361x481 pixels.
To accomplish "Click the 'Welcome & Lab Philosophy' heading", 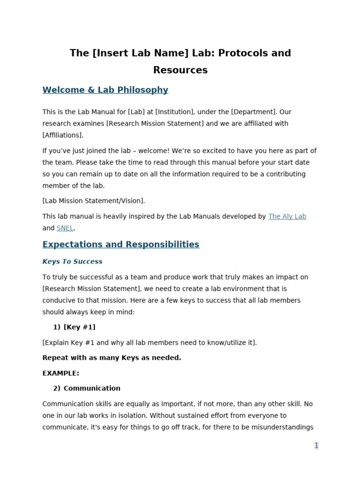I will point(105,90).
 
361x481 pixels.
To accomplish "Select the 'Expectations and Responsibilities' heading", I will point(121,244).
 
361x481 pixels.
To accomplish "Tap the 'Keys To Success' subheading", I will point(72,262).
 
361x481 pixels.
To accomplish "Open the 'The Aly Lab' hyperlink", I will point(287,217).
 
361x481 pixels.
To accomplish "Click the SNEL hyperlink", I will point(65,228).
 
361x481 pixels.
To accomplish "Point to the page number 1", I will point(316,446).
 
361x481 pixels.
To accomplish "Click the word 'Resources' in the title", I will point(180,70).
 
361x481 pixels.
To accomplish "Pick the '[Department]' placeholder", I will point(253,112).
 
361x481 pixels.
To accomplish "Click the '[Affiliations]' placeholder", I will point(63,135).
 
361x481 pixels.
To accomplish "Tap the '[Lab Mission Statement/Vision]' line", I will point(94,201).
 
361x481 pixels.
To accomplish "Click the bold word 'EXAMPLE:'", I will point(61,373).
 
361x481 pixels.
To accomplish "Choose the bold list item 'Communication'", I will point(92,388).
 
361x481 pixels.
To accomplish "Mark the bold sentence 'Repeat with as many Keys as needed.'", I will point(111,358).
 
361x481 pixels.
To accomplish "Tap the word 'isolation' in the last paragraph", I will point(131,416).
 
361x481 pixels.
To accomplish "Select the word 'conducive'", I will point(59,301).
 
